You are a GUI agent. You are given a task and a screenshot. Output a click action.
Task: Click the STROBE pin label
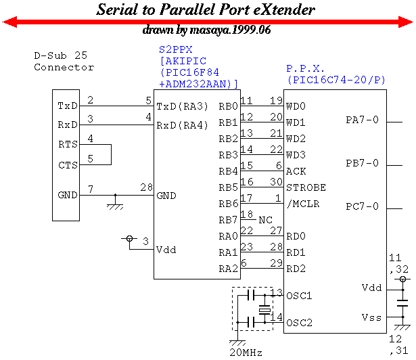click(x=306, y=187)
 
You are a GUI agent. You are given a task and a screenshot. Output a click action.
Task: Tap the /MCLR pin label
click(x=303, y=204)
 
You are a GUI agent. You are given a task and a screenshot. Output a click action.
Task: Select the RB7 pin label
click(x=228, y=220)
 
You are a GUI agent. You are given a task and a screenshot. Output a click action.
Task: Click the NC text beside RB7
click(x=266, y=220)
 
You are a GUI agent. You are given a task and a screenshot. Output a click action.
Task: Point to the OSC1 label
click(x=299, y=296)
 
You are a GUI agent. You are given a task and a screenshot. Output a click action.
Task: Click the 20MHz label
click(x=246, y=353)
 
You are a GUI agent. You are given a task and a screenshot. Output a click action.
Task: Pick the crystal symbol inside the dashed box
click(x=264, y=309)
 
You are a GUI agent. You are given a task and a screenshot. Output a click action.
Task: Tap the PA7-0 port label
click(x=362, y=120)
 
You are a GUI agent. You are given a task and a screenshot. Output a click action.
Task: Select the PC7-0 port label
click(x=362, y=206)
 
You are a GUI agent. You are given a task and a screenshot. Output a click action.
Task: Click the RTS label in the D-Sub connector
click(x=68, y=144)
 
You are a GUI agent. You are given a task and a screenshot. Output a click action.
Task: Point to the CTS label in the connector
click(x=68, y=165)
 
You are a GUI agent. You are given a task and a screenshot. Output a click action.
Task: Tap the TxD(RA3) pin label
click(x=182, y=106)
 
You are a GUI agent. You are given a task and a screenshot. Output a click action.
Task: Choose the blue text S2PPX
click(x=176, y=49)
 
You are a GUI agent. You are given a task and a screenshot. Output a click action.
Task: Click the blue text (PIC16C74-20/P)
click(x=336, y=80)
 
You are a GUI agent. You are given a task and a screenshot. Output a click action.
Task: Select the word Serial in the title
click(x=117, y=9)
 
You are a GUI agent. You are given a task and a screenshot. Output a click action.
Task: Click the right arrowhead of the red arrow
click(x=406, y=22)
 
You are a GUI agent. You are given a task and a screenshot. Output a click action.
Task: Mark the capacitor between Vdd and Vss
click(x=402, y=303)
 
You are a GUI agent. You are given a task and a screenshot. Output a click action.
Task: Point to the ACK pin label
click(x=296, y=171)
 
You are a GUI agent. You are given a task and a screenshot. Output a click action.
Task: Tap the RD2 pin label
click(x=296, y=269)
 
